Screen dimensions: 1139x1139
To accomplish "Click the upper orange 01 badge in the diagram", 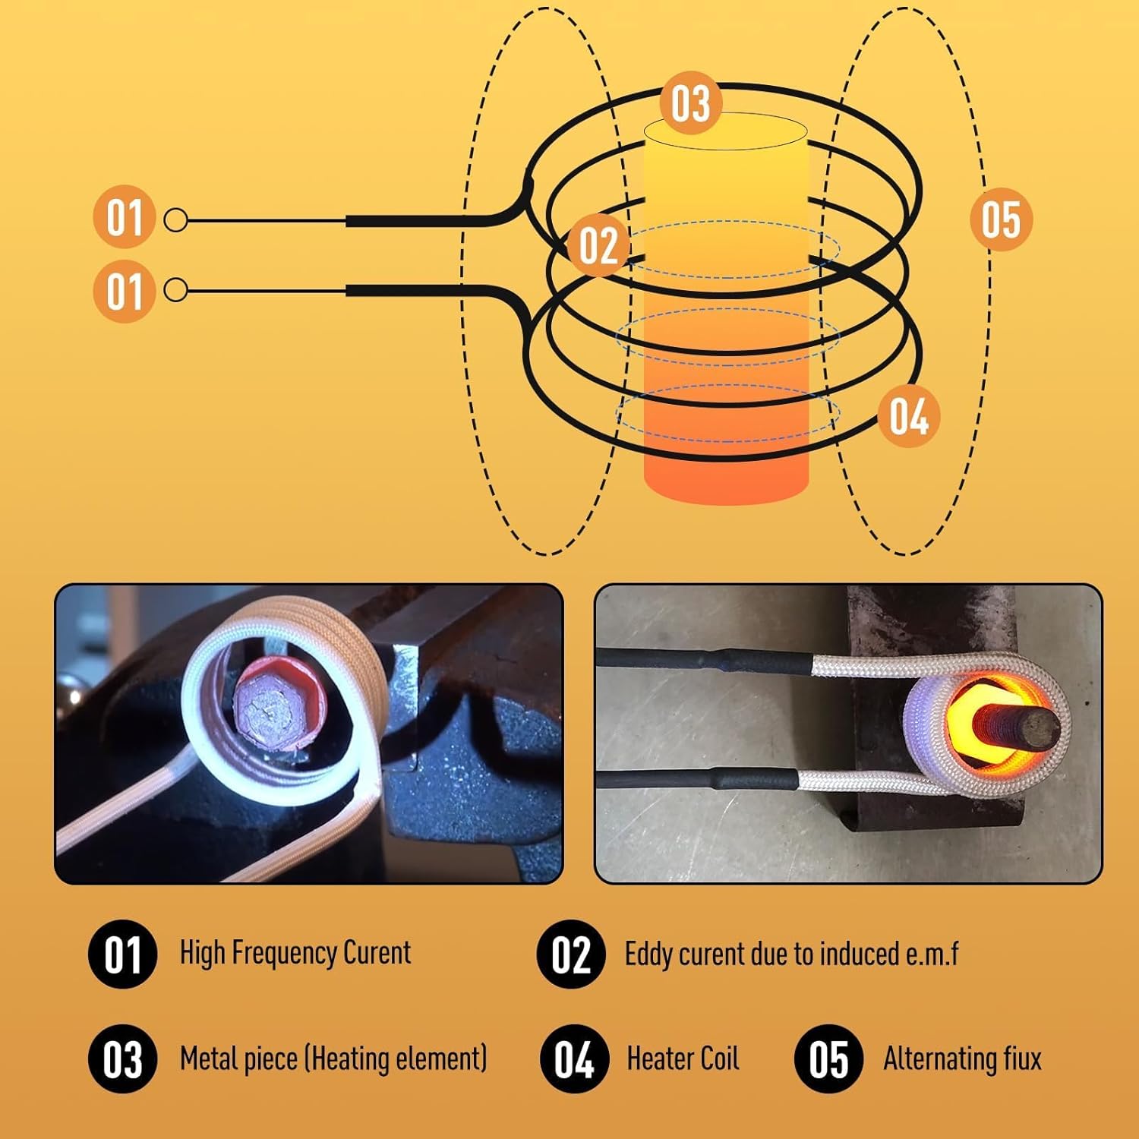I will (x=124, y=217).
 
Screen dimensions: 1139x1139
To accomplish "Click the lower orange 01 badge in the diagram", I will (x=124, y=292).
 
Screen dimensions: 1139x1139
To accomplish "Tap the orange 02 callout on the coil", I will (x=598, y=245).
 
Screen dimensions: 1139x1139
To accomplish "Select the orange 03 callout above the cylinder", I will (x=690, y=103).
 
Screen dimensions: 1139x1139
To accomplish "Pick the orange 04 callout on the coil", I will (x=909, y=416).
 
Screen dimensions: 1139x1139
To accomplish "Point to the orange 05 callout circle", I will (x=1002, y=219).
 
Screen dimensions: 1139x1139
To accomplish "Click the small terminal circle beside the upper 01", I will (x=176, y=221).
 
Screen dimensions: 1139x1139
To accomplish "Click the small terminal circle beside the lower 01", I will (x=176, y=290).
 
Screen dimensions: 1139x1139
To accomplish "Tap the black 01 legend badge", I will (x=122, y=954).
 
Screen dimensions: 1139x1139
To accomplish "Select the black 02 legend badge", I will (x=570, y=954).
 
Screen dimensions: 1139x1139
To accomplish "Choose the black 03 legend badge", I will (x=122, y=1059).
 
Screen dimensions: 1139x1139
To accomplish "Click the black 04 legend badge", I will (x=573, y=1059).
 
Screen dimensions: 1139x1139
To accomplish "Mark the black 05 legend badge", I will (x=828, y=1059).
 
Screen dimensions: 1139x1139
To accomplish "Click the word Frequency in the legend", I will (x=284, y=953).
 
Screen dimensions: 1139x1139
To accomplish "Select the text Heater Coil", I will (x=682, y=1059).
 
